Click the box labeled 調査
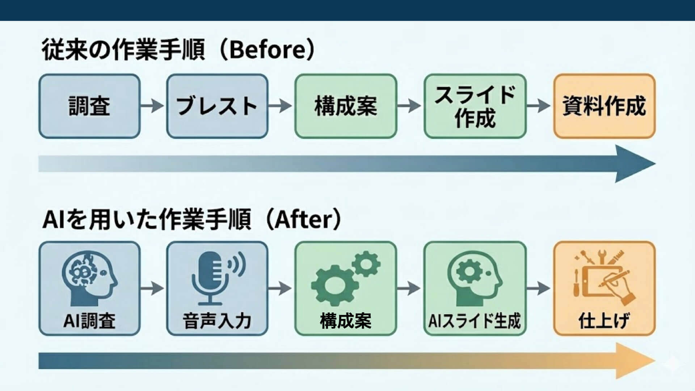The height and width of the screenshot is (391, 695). [x=89, y=106]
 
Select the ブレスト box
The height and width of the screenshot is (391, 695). [x=217, y=106]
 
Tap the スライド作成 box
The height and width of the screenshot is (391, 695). [x=475, y=106]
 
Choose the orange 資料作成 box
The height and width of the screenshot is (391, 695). [x=604, y=106]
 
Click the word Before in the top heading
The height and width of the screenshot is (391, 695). [x=268, y=50]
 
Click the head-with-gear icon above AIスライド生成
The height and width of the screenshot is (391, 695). [x=475, y=279]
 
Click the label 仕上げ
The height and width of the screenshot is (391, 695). [x=604, y=321]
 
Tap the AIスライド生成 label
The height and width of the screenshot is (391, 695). [x=475, y=321]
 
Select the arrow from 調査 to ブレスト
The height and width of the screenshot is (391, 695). [x=152, y=106]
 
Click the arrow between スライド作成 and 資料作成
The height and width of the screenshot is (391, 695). [x=539, y=106]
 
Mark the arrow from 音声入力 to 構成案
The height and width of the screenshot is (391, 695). [x=280, y=288]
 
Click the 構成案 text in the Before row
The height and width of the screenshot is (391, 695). [x=346, y=106]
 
